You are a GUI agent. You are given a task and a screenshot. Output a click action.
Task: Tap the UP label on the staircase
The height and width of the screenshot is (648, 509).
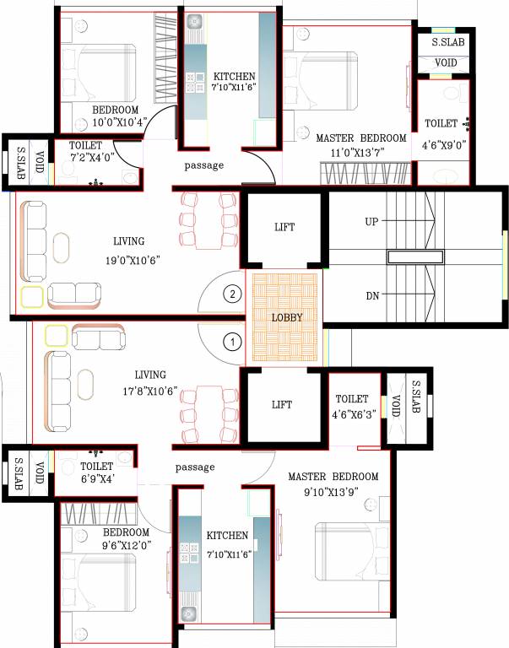[371, 221]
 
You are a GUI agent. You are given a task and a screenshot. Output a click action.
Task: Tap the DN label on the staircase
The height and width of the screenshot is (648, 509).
[371, 295]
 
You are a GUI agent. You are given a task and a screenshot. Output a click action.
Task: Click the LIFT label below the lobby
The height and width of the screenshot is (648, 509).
[282, 405]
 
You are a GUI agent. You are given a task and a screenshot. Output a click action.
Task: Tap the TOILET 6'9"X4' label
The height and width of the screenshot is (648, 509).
[96, 472]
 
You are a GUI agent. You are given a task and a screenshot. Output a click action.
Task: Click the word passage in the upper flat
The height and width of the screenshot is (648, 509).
[204, 165]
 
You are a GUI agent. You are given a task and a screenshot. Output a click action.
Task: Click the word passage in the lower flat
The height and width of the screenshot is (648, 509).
[195, 467]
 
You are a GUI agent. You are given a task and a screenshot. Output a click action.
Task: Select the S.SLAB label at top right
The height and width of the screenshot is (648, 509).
[447, 41]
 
